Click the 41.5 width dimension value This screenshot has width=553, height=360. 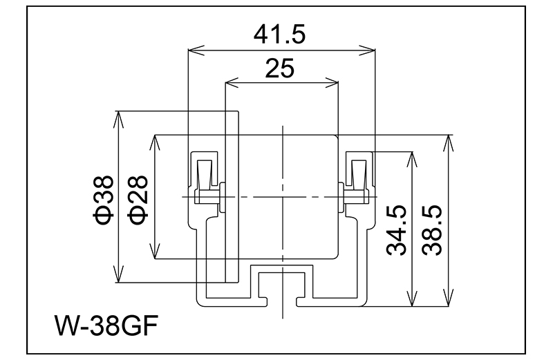point(281,33)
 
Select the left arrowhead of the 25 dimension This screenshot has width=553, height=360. point(230,84)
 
